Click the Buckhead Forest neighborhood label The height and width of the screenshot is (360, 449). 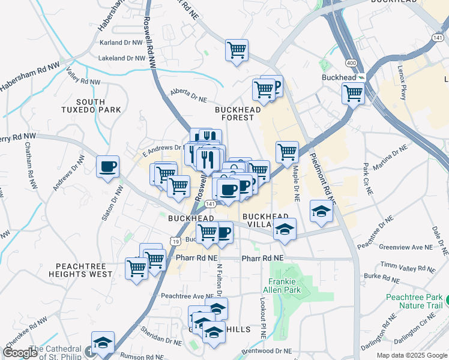pyautogui.click(x=238, y=114)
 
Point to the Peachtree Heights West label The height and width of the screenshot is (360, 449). pyautogui.click(x=84, y=269)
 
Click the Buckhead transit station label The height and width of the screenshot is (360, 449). pyautogui.click(x=339, y=78)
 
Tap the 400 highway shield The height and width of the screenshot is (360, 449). pyautogui.click(x=350, y=63)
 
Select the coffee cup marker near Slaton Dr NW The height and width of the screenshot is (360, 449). pyautogui.click(x=107, y=166)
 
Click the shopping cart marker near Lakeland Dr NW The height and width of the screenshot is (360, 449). pyautogui.click(x=237, y=50)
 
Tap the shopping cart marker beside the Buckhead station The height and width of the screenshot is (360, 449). pyautogui.click(x=353, y=93)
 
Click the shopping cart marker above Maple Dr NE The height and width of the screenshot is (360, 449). pyautogui.click(x=287, y=152)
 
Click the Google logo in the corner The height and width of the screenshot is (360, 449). pyautogui.click(x=20, y=353)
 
